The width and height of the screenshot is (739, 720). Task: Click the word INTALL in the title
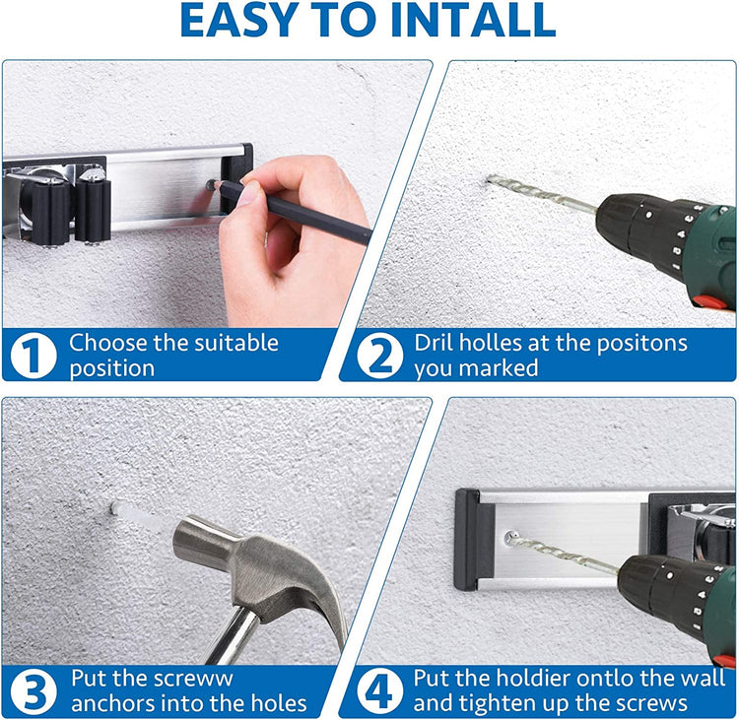pyautogui.click(x=473, y=21)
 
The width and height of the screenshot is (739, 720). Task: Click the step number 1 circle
pyautogui.click(x=34, y=356)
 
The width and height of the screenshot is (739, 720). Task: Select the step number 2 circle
pyautogui.click(x=380, y=356)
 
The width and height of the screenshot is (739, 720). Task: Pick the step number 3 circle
pyautogui.click(x=34, y=691)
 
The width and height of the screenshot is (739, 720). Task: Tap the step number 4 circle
pyautogui.click(x=380, y=691)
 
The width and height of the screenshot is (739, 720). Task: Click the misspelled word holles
pyautogui.click(x=491, y=343)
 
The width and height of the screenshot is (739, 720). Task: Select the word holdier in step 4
pyautogui.click(x=533, y=679)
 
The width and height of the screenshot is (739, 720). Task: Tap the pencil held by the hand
pyautogui.click(x=292, y=212)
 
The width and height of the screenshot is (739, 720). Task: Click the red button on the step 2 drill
pyautogui.click(x=712, y=300)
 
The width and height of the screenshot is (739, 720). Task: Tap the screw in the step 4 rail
pyautogui.click(x=510, y=536)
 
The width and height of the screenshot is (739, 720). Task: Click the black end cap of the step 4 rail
pyautogui.click(x=468, y=539)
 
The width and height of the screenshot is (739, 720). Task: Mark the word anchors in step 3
pyautogui.click(x=107, y=703)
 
